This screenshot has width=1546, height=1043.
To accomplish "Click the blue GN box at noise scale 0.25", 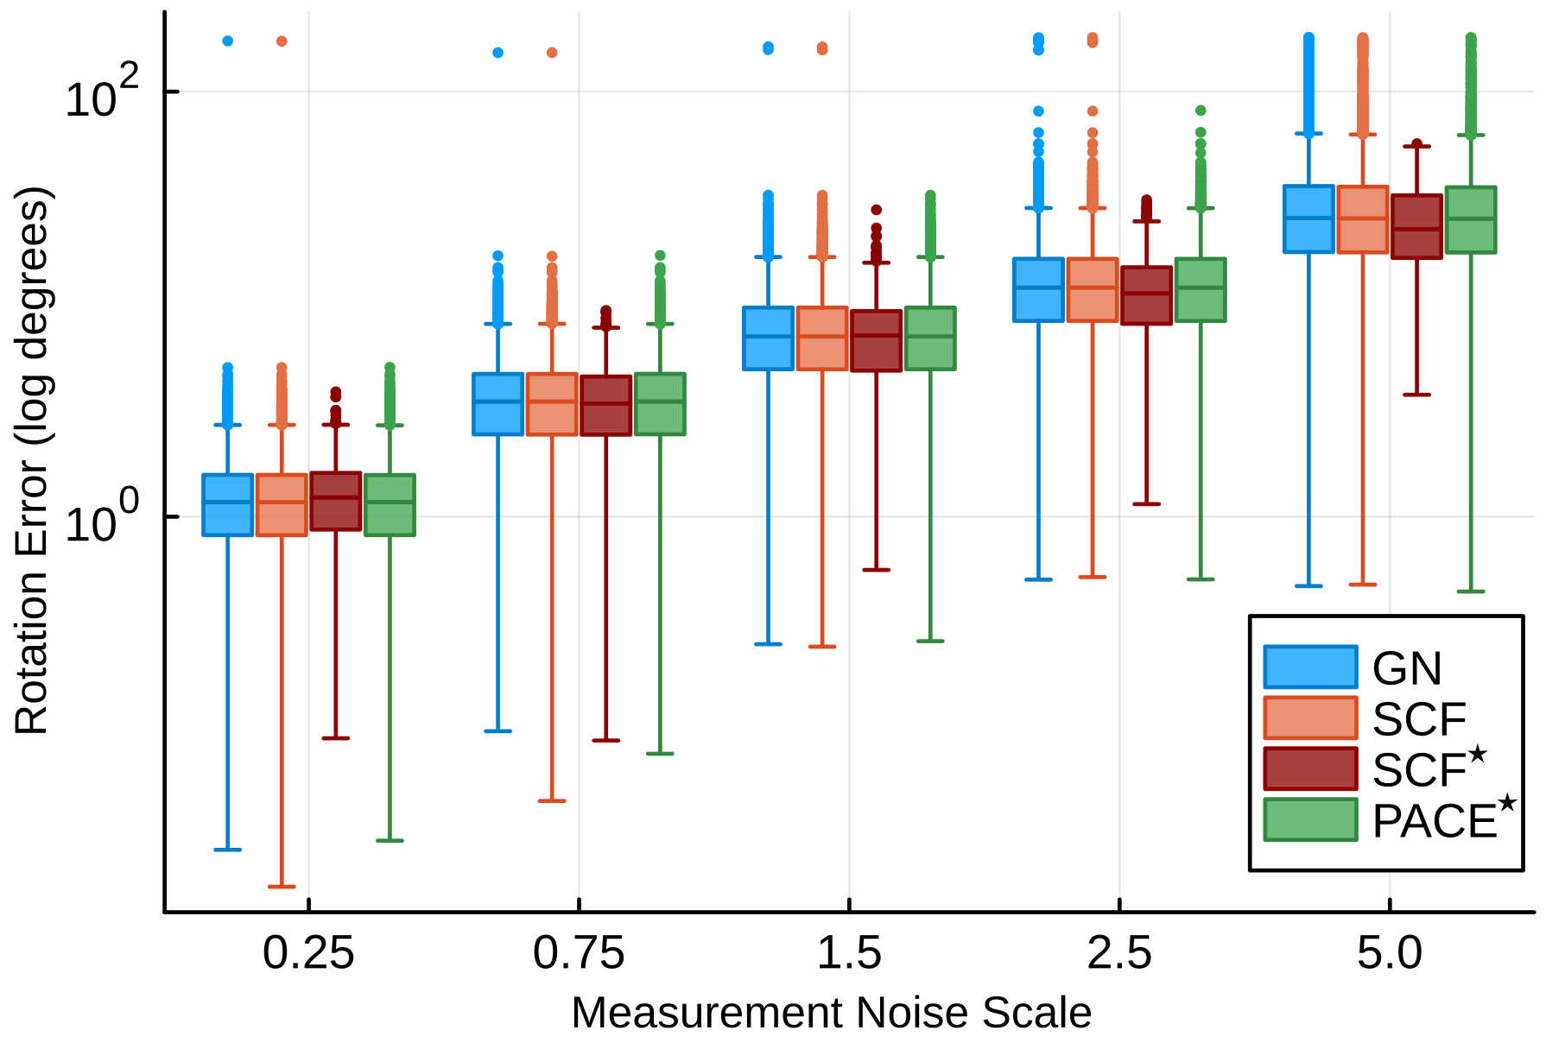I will pos(227,505).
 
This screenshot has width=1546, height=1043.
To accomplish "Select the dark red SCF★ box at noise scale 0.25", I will pos(335,501).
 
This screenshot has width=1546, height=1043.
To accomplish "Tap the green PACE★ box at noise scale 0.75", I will pos(660,404).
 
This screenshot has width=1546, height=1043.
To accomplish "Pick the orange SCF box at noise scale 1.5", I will pos(821,338).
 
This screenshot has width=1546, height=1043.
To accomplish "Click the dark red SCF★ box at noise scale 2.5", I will pos(1146,295).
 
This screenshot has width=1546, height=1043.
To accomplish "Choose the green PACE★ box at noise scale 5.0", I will pos(1470,219).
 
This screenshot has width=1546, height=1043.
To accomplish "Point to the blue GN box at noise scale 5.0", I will pos(1308,218).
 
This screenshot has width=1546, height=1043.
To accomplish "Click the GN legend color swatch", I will pos(1310,667).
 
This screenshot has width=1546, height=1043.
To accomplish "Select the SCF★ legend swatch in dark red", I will pos(1310,768).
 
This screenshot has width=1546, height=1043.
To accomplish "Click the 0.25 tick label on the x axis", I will pos(308,953).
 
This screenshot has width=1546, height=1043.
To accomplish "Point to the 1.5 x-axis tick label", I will pos(849,953).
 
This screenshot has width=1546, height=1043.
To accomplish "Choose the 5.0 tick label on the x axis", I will pos(1389,953).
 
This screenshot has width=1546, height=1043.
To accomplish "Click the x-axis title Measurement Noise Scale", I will pos(831,1012).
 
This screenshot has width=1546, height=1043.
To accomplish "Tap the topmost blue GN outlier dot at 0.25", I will pos(227,41).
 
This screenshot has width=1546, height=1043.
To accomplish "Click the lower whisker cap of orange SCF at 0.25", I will pos(282,886).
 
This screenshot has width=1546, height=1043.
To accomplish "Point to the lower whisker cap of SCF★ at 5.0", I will pos(1416,395).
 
